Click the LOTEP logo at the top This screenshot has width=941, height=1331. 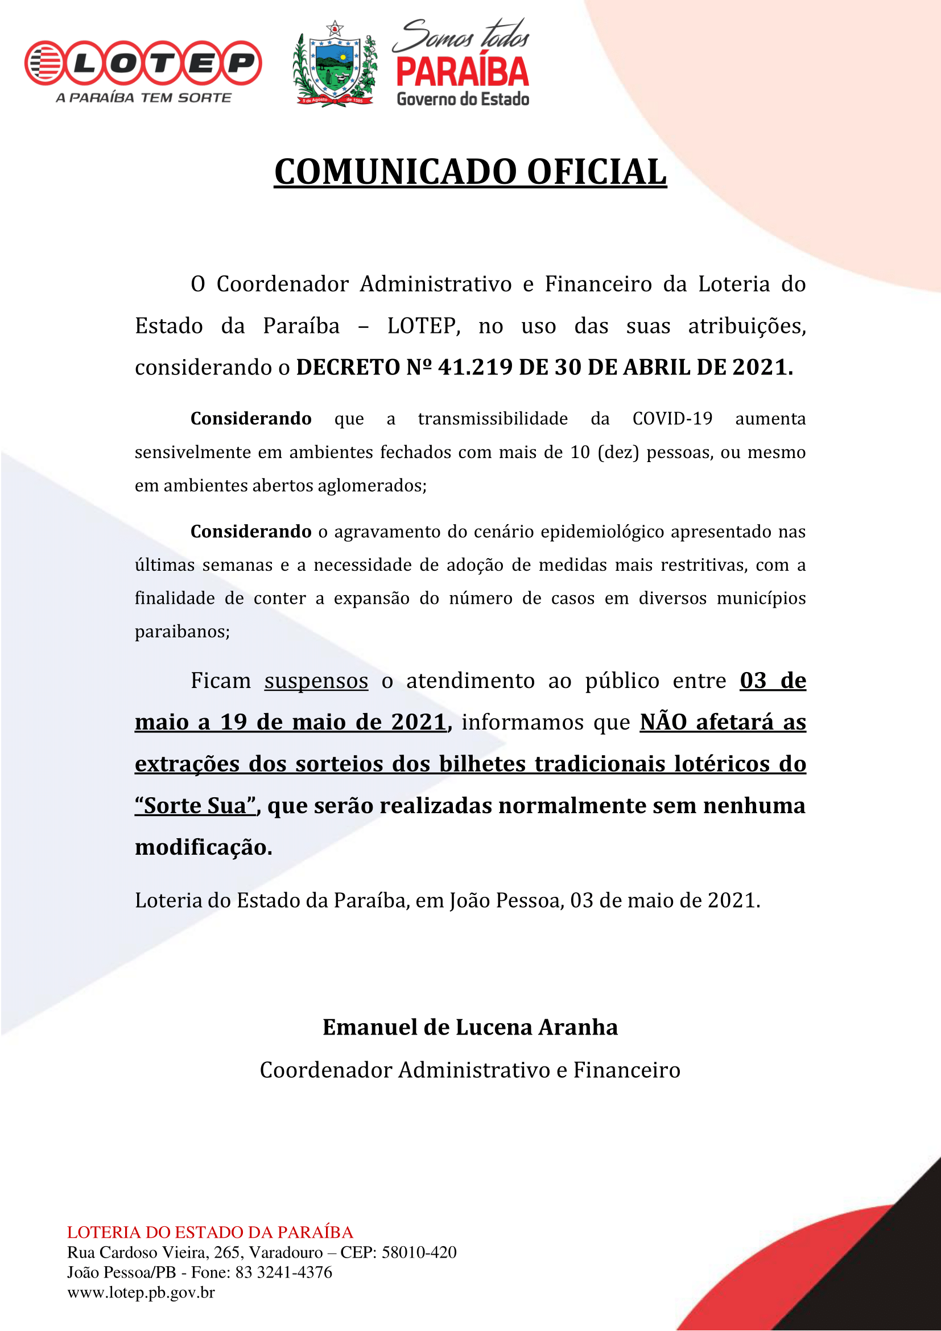click(143, 63)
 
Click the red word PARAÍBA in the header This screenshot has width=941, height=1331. click(463, 72)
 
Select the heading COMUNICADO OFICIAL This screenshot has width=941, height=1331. click(470, 172)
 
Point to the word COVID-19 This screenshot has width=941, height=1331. click(672, 419)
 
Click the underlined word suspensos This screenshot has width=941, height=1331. click(316, 681)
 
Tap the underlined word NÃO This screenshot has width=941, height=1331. click(663, 722)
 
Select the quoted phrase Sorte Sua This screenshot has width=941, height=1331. click(195, 806)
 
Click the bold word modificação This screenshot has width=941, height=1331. click(203, 847)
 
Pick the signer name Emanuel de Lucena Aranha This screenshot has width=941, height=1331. click(470, 1027)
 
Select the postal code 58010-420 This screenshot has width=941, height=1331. click(419, 1252)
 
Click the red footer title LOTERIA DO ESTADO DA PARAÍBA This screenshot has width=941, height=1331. click(210, 1232)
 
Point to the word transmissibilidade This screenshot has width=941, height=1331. click(493, 419)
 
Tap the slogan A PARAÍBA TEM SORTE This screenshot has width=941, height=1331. click(143, 98)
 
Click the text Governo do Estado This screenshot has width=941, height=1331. click(463, 99)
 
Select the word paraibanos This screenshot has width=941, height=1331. click(182, 631)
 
